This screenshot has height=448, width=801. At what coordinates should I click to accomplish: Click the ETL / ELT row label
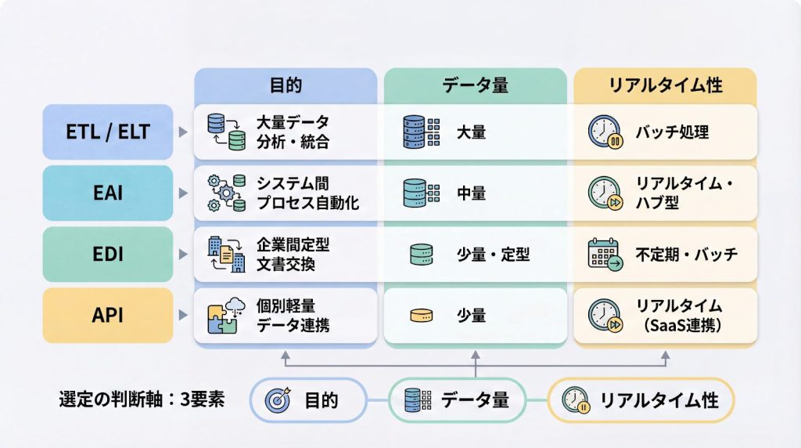(108, 132)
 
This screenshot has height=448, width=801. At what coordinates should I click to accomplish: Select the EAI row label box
(108, 193)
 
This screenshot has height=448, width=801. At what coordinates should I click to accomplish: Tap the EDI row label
(108, 254)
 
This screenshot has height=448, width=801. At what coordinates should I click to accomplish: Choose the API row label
(108, 315)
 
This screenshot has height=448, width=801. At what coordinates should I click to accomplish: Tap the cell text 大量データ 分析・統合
(293, 132)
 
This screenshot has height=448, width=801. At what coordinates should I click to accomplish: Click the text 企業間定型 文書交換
(293, 254)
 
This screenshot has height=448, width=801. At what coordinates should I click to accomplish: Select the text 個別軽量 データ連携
(293, 315)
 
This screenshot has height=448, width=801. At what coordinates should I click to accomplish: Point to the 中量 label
(471, 193)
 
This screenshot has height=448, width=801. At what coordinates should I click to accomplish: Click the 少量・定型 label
(493, 254)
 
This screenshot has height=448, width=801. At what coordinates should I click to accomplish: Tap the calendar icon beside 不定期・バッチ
(605, 255)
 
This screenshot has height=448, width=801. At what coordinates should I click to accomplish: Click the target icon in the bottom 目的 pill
(278, 400)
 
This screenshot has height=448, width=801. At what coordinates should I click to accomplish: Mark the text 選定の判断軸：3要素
(142, 399)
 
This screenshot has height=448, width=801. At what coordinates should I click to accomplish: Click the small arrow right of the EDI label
(183, 255)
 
